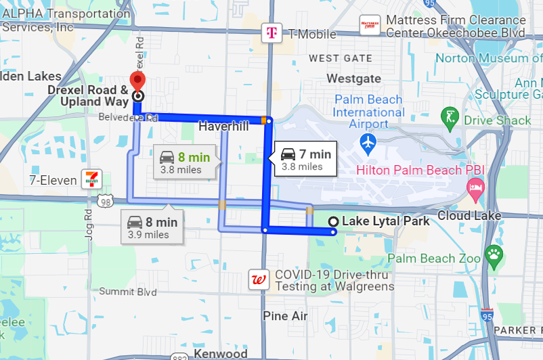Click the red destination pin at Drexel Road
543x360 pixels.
[138, 81]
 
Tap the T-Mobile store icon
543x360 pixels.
[271, 32]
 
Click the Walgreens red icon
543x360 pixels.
[257, 280]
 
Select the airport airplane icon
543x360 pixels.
[368, 143]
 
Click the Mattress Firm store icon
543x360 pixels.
[370, 25]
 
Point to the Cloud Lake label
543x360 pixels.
[469, 216]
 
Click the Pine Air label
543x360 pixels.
[285, 316]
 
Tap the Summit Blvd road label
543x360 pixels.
[128, 292]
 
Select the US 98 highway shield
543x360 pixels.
[104, 202]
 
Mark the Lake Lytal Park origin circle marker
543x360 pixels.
[333, 222]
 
